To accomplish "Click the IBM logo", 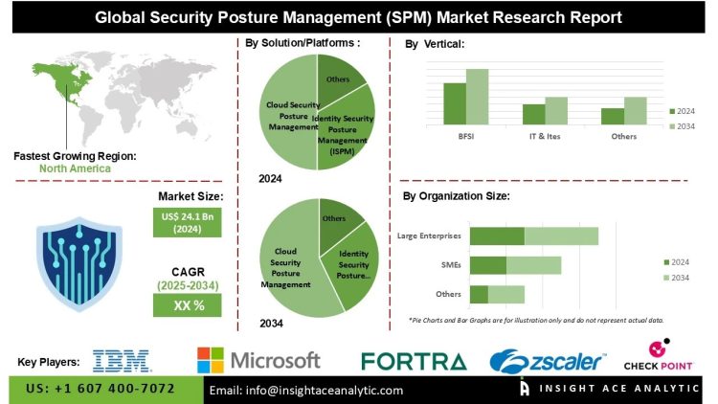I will (x=122, y=360).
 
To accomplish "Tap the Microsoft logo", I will (x=258, y=360).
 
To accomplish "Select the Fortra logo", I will (x=414, y=361).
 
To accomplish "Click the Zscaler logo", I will (x=547, y=361).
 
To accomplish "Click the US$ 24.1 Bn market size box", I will (x=186, y=223).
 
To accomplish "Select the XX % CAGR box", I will (x=186, y=305).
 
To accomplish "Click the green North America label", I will (x=75, y=168).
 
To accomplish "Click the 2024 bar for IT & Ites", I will (x=533, y=114).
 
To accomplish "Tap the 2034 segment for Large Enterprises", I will (x=561, y=236).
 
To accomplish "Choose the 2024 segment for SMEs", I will (x=487, y=265).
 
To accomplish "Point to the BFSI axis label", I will (x=465, y=137).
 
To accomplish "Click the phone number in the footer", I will (x=101, y=389).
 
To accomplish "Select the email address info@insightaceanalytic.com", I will (x=306, y=390).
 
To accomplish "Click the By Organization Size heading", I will (x=456, y=195).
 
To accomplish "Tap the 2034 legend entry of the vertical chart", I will (x=683, y=126).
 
